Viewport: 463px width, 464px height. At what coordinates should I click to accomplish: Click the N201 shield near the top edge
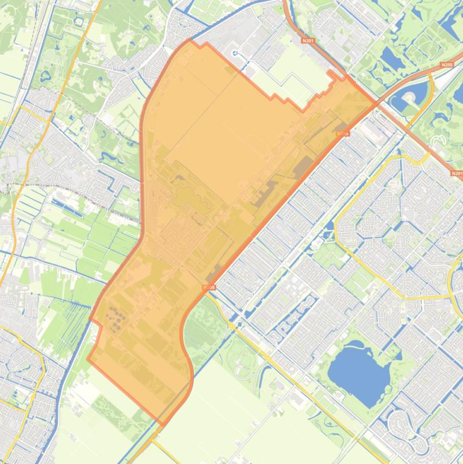pos(308,40)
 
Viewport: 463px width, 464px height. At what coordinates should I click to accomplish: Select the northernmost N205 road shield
pos(447,64)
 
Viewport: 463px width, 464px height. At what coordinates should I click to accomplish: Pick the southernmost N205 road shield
pos(209,287)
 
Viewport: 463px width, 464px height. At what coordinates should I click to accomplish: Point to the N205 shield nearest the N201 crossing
pos(343,133)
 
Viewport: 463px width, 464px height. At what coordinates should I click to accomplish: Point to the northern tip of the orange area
pos(190,40)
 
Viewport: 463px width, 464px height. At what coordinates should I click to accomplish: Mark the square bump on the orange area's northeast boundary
pos(332,75)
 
